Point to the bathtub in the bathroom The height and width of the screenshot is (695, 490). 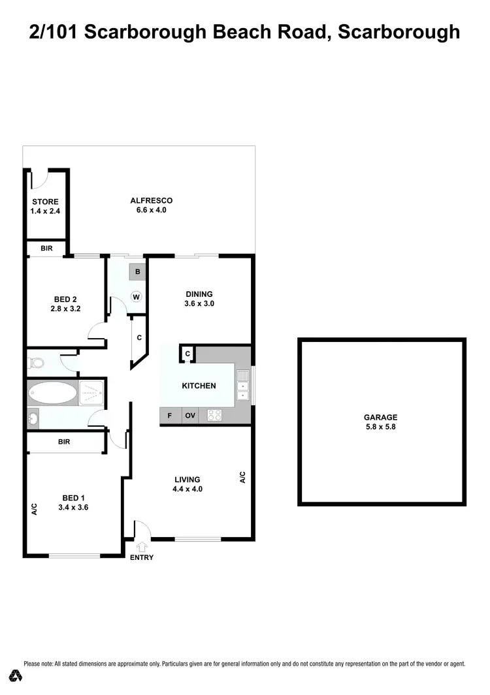(52, 394)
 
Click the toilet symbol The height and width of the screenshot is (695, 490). (37, 362)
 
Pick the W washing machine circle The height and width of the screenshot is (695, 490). (137, 297)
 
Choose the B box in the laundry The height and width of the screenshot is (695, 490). (137, 271)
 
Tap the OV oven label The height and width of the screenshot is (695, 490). (190, 415)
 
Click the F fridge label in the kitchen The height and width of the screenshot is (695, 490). (170, 415)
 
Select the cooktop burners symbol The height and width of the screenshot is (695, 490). (214, 415)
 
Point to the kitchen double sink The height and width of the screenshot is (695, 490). (243, 385)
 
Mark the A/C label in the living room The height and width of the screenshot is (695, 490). (242, 478)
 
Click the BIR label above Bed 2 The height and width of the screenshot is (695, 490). (46, 249)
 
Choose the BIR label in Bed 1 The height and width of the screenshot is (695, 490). (64, 442)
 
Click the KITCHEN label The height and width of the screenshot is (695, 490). (199, 386)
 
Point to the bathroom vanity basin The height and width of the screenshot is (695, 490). (33, 418)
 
